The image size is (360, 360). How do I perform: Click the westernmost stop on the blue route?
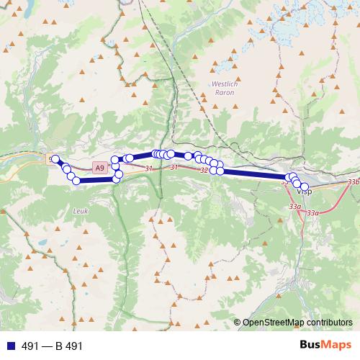(55, 159)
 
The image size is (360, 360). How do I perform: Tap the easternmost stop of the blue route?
(305, 187)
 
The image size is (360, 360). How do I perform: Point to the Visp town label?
(304, 192)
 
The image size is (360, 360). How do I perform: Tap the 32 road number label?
(204, 171)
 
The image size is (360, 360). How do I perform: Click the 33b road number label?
(353, 183)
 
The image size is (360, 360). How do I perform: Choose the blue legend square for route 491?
(9, 346)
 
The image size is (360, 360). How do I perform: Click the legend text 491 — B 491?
(52, 346)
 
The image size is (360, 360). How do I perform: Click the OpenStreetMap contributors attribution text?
(297, 322)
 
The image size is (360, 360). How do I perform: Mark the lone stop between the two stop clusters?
(188, 156)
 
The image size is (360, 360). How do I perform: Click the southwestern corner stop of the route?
(76, 181)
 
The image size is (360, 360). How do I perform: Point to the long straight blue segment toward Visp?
(252, 173)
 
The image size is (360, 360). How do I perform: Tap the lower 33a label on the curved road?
(312, 213)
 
